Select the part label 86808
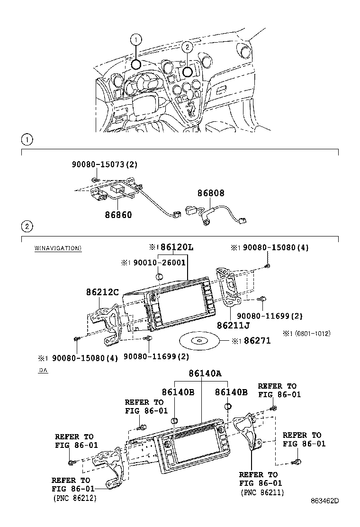pyautogui.click(x=211, y=193)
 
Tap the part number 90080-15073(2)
pyautogui.click(x=105, y=164)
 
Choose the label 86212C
pyautogui.click(x=102, y=293)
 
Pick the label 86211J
pyautogui.click(x=233, y=326)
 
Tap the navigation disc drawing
pyautogui.click(x=198, y=341)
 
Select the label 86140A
pyautogui.click(x=202, y=373)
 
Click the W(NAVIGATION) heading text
pyautogui.click(x=58, y=248)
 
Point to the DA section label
pyautogui.click(x=43, y=371)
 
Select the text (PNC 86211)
pyautogui.click(x=263, y=492)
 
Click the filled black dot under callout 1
pyautogui.click(x=136, y=65)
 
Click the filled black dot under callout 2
pyautogui.click(x=187, y=72)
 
